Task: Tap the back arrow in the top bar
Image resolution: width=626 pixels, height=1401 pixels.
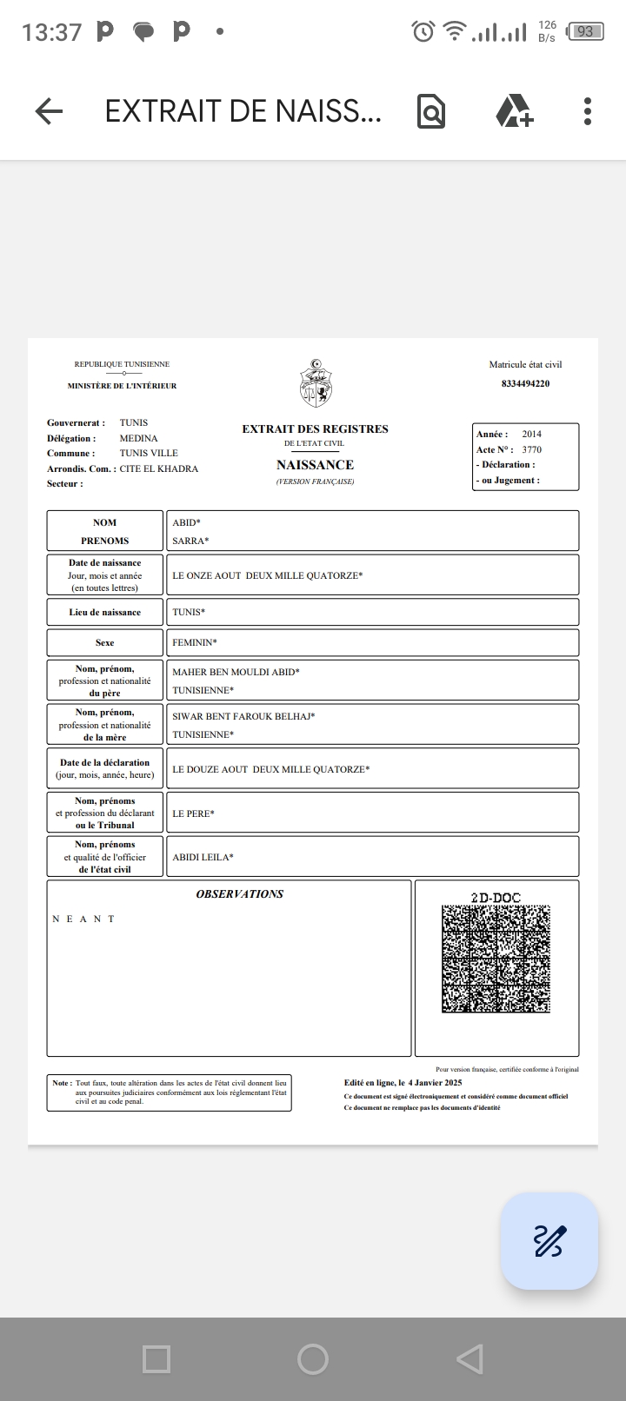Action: coord(50,111)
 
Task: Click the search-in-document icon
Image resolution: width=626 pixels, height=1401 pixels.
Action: coord(431,111)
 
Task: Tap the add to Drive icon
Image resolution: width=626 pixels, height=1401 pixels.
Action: coord(514,111)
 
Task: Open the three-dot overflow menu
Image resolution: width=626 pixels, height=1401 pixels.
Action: coord(588,111)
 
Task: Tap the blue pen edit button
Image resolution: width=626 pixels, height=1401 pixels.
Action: coord(549,1240)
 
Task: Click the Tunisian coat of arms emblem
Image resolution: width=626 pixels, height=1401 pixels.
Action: coord(316,383)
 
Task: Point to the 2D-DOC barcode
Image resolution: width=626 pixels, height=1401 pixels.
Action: coord(496,959)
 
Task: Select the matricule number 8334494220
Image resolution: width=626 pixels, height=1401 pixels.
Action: coord(525,383)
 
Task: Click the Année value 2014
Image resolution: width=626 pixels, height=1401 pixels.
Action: coord(531,434)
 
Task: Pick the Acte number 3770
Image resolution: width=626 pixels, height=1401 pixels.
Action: coord(531,449)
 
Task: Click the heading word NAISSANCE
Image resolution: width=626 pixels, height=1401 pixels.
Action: coord(315,465)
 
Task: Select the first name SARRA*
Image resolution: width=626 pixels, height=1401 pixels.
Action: coord(190,541)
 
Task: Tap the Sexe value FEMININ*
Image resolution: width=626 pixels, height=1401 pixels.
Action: coord(195,642)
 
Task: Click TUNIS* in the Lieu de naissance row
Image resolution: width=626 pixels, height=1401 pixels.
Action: coord(189,612)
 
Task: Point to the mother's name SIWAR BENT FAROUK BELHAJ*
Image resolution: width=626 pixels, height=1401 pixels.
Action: coord(243,716)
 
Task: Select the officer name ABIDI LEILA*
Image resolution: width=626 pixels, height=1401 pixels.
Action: coord(203,857)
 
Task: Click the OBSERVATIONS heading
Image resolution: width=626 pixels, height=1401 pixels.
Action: coord(239,893)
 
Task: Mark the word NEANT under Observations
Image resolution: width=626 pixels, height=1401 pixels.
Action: coord(83,919)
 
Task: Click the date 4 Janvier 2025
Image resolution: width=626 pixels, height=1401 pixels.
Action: coord(435,1083)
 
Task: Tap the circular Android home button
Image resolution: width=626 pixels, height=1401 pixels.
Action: coord(313,1358)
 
